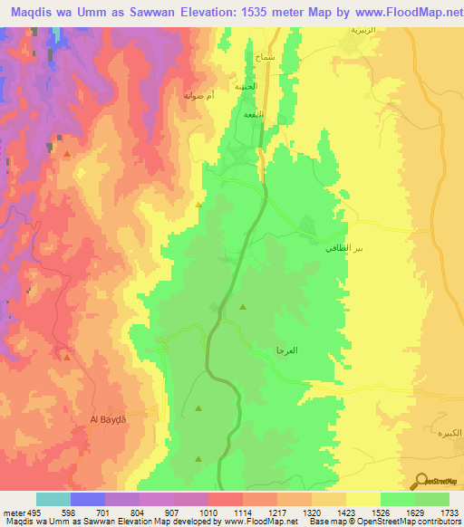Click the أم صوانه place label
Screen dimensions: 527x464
pyautogui.click(x=199, y=95)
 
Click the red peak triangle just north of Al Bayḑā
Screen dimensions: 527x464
pyautogui.click(x=66, y=357)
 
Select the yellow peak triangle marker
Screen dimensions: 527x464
pyautogui.click(x=199, y=205)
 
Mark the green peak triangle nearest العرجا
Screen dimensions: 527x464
pyautogui.click(x=243, y=308)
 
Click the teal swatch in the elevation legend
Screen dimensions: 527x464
pyautogui.click(x=53, y=499)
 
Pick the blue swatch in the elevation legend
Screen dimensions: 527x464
pyautogui.click(x=88, y=499)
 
